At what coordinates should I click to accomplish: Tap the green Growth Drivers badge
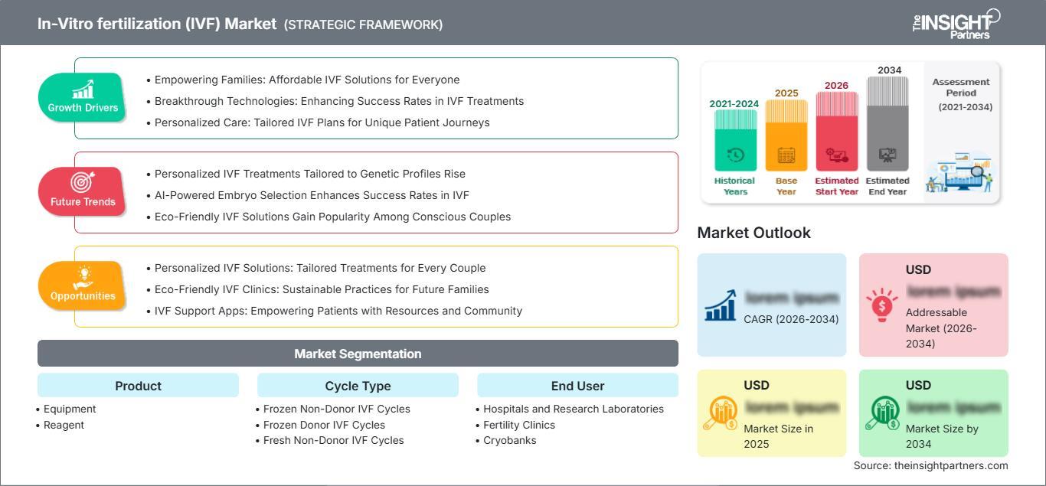click(83, 97)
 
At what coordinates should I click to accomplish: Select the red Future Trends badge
click(83, 191)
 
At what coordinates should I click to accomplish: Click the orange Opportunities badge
click(83, 285)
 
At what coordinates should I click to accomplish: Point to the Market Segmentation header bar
click(358, 354)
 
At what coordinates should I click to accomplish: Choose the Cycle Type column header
click(358, 386)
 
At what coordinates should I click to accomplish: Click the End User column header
click(577, 386)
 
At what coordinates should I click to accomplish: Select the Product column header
click(138, 386)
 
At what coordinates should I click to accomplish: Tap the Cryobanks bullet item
click(509, 440)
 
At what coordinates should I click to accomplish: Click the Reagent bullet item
click(64, 425)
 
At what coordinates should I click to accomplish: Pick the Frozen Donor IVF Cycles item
click(324, 425)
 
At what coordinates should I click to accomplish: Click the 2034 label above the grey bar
click(889, 70)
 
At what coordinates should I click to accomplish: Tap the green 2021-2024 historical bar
click(735, 142)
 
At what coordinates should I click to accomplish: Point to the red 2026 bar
click(836, 130)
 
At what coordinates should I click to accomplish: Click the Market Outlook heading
click(753, 233)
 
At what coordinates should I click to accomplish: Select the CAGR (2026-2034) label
click(791, 319)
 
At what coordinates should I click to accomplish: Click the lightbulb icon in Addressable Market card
click(881, 304)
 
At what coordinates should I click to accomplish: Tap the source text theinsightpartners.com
click(930, 465)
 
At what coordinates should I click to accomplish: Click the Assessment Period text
click(962, 93)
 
